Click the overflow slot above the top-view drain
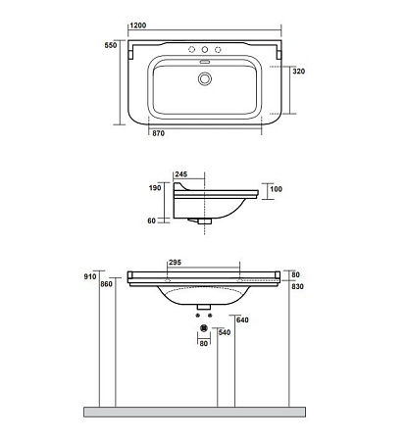[x=204, y=64]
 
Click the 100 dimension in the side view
[x=277, y=188]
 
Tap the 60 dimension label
[x=152, y=220]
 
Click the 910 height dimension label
[x=91, y=277]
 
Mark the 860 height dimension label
[x=108, y=284]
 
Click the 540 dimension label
[x=225, y=333]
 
